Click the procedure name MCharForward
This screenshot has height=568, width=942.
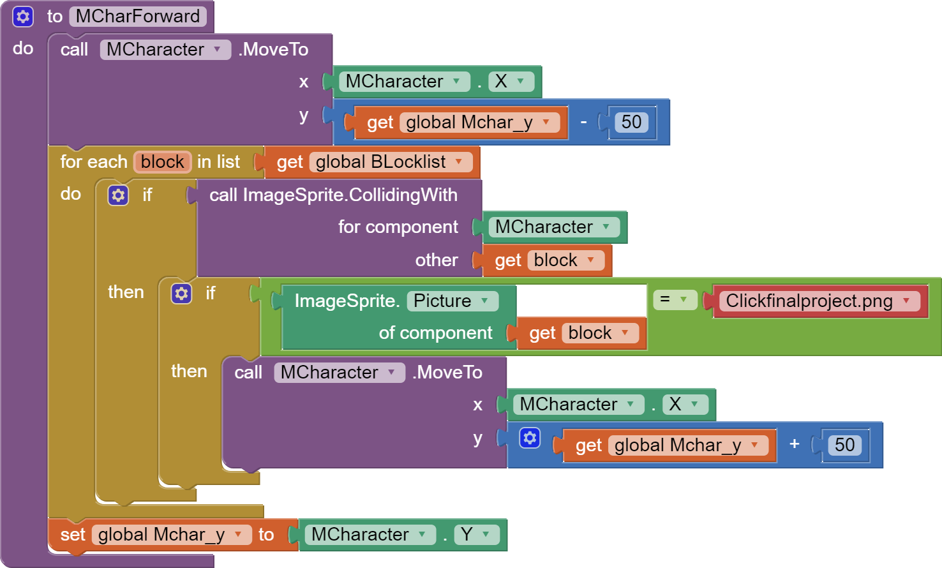coord(138,16)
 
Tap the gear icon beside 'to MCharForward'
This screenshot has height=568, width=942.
coord(23,17)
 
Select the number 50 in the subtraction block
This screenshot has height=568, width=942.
coord(631,122)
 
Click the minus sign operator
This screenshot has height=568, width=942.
coord(583,121)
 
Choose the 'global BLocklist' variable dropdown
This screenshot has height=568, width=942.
coord(389,162)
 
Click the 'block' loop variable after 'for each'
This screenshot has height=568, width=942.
coord(162,162)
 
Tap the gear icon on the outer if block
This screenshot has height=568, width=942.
coord(118,195)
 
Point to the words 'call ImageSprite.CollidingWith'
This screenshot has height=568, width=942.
coord(333,195)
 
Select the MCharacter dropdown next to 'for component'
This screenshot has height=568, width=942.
coord(553,227)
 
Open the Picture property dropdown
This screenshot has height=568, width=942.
coord(452,301)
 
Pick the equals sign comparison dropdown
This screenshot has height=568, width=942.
coord(674,299)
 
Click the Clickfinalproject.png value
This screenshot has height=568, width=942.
coord(818,301)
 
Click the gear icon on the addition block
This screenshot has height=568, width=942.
coord(530,438)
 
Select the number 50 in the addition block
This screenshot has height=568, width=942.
coord(844,445)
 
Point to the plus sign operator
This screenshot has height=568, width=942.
coord(795,444)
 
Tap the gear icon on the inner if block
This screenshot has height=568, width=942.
coord(181,294)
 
